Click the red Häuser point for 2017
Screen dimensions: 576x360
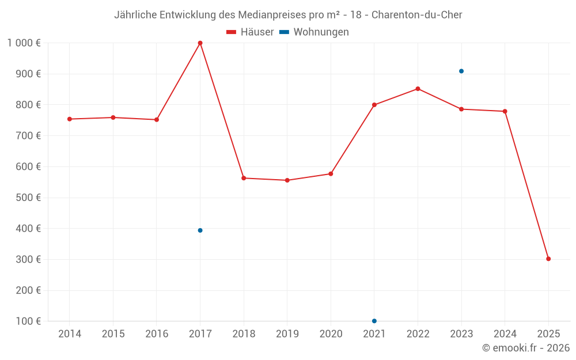200,43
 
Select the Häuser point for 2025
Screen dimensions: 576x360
548,259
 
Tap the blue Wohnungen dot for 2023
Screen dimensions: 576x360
461,71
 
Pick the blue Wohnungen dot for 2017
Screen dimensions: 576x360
200,230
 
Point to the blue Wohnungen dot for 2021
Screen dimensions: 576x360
374,321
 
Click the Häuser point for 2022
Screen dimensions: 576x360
418,89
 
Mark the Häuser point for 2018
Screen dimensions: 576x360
244,179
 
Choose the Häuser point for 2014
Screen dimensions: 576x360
70,119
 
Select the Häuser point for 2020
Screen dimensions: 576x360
331,174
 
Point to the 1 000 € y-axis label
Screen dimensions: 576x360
24,43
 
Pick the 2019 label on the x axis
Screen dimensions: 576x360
287,334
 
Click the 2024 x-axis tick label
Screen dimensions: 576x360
505,334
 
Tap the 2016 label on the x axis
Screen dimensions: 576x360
157,334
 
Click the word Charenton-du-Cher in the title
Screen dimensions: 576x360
416,14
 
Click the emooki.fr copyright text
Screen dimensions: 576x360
525,348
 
